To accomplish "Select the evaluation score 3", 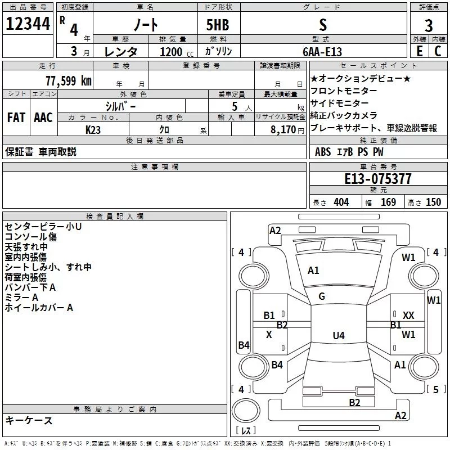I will tap(429, 25).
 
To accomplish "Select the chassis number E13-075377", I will tap(377, 179).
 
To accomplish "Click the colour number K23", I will tap(93, 129).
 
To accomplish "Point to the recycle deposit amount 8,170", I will tap(283, 129).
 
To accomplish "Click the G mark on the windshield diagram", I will tap(322, 296).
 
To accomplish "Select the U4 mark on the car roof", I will tap(338, 336).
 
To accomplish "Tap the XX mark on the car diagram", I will tap(409, 316).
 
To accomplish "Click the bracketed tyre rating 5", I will tap(436, 389).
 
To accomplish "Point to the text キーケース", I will tap(29, 421).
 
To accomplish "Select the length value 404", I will tap(341, 202).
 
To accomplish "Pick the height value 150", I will tap(433, 202).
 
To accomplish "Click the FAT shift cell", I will tap(16, 118).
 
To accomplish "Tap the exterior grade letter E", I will tap(419, 51).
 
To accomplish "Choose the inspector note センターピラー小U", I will tap(43, 226).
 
